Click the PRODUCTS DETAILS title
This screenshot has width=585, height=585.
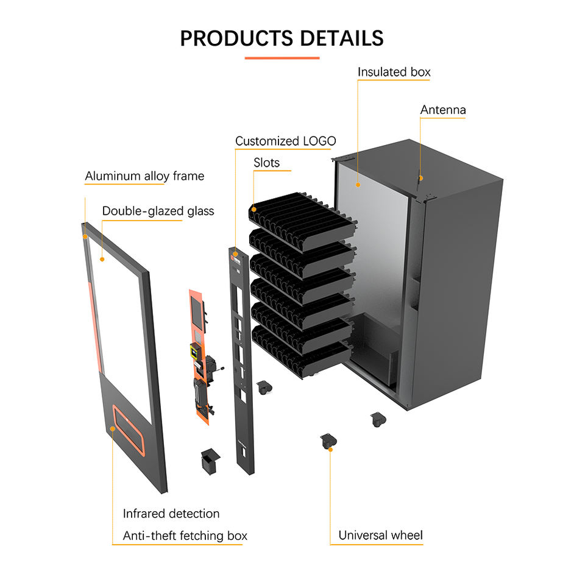click(282, 38)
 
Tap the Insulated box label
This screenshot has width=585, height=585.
click(394, 72)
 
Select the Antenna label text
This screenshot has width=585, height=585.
click(443, 110)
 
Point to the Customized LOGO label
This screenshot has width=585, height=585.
click(285, 141)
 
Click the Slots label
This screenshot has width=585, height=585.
click(266, 163)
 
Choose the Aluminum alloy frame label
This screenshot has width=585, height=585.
click(144, 176)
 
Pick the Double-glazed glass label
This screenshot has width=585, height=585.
click(158, 211)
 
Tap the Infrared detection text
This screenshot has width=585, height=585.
click(171, 514)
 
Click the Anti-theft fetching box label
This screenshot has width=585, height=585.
click(185, 536)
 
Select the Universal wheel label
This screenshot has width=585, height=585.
click(380, 536)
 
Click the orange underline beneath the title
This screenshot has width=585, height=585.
click(282, 58)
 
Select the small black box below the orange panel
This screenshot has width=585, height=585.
click(209, 461)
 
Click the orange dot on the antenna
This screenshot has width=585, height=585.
click(420, 179)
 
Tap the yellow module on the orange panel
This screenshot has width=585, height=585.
click(195, 351)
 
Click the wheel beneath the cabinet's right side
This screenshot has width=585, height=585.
click(377, 419)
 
